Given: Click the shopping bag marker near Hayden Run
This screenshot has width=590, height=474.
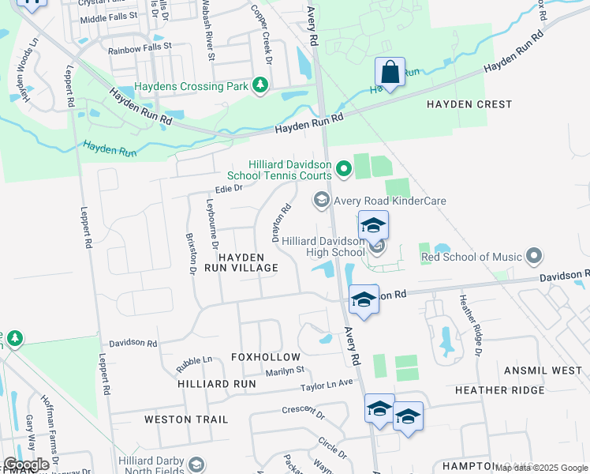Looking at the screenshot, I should pyautogui.click(x=390, y=73).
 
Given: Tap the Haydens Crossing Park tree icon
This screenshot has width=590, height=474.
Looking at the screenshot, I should pyautogui.click(x=259, y=86).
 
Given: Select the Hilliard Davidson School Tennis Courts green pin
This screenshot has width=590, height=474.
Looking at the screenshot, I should pyautogui.click(x=343, y=168).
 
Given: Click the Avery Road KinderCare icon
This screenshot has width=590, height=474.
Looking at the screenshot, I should pyautogui.click(x=321, y=200).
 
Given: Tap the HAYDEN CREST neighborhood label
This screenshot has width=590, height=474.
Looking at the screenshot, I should pyautogui.click(x=469, y=104).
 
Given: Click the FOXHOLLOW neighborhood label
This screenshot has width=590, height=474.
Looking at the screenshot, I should pyautogui.click(x=266, y=357).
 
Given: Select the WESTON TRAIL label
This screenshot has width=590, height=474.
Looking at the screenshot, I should pyautogui.click(x=186, y=419).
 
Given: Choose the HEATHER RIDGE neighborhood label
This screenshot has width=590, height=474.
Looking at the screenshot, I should pyautogui.click(x=499, y=390).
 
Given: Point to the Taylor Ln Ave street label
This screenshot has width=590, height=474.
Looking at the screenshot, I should pyautogui.click(x=327, y=385).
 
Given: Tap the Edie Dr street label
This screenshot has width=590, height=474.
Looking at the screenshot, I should pyautogui.click(x=228, y=188).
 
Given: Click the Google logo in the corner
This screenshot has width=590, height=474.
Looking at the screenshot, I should pyautogui.click(x=26, y=465).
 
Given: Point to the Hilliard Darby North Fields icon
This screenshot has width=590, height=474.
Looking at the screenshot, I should pyautogui.click(x=196, y=465).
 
